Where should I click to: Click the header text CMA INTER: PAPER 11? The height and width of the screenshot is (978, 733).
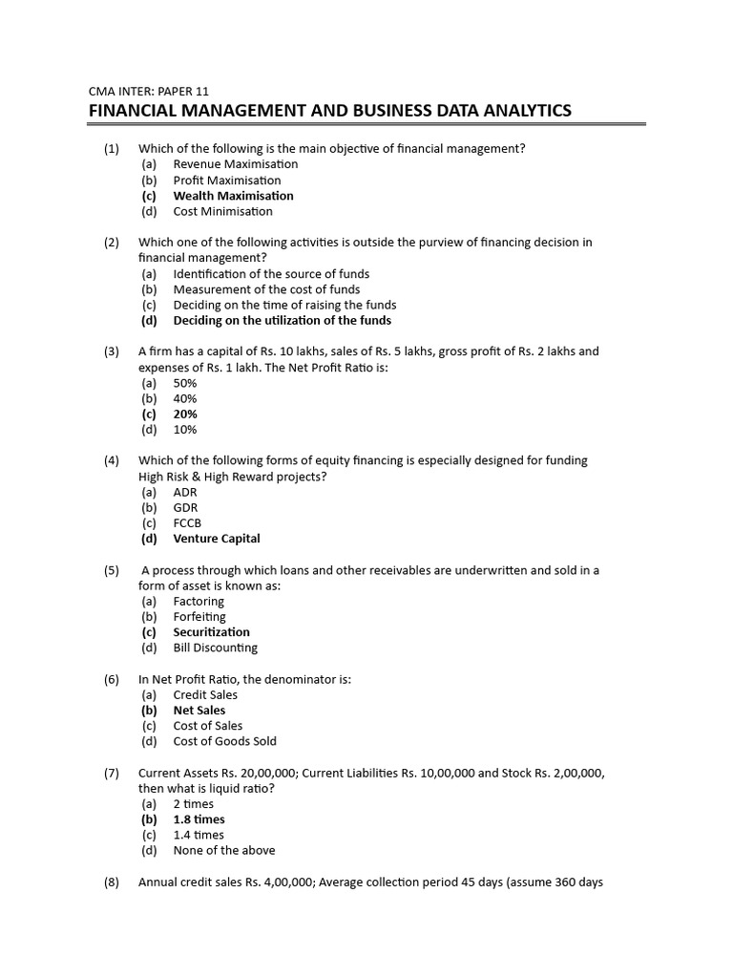click(148, 92)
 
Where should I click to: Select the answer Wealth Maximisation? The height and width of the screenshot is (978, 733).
click(233, 196)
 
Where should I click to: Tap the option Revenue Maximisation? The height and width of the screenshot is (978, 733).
click(235, 164)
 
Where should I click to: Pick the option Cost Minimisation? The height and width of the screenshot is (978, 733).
click(222, 211)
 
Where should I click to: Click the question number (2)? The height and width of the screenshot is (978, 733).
click(112, 243)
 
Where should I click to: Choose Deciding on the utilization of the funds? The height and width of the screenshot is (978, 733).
click(282, 320)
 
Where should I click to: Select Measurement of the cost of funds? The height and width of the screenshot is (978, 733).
click(266, 289)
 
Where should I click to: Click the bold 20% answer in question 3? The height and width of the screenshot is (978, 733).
click(185, 415)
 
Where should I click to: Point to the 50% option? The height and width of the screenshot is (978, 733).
click(185, 383)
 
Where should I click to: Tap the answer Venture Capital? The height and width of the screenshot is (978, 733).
click(216, 539)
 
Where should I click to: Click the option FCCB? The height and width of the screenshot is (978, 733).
click(187, 523)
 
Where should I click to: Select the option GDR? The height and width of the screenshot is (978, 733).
click(185, 508)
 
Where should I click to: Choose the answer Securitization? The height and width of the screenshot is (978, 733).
click(211, 632)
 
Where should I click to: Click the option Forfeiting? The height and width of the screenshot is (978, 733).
click(199, 617)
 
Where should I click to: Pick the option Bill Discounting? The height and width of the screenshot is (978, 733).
click(215, 648)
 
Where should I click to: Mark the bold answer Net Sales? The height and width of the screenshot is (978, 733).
click(199, 711)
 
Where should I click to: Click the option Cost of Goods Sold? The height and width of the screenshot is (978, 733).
click(224, 741)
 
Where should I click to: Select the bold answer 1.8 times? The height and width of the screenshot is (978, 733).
click(199, 819)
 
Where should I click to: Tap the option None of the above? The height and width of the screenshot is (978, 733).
click(223, 850)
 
